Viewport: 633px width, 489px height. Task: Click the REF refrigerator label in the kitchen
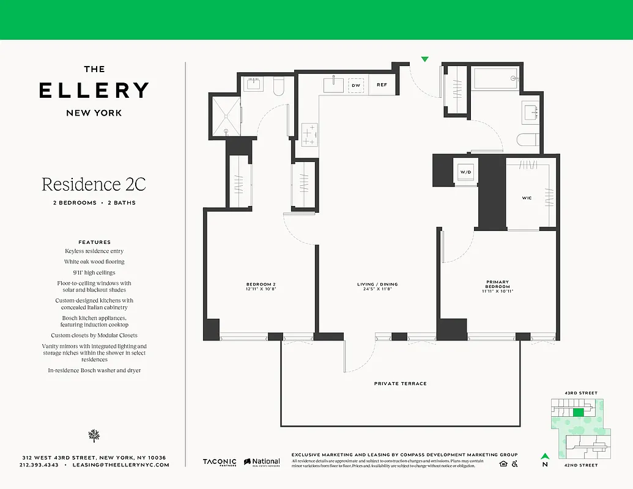[x=382, y=85]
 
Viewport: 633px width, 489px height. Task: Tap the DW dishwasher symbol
[x=356, y=86]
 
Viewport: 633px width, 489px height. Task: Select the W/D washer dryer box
[x=466, y=172]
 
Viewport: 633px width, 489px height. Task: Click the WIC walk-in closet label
[x=527, y=198]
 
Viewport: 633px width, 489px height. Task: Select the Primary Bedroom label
[x=497, y=284]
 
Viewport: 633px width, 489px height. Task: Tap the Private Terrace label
[x=400, y=383]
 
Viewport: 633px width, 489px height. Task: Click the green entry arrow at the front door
[x=425, y=59]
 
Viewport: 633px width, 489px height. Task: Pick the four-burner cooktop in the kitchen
[x=310, y=134]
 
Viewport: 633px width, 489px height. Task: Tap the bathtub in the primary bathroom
[x=494, y=79]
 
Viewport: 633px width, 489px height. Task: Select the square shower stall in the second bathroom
[x=225, y=116]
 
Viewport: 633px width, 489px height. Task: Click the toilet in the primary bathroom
[x=526, y=141]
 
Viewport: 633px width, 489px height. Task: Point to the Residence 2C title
[x=94, y=183]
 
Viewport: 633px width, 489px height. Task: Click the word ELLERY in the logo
[x=94, y=90]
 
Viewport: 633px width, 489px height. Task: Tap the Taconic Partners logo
[x=220, y=462]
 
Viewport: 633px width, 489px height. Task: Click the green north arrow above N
[x=544, y=455]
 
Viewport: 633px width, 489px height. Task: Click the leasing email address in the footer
[x=120, y=465]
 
